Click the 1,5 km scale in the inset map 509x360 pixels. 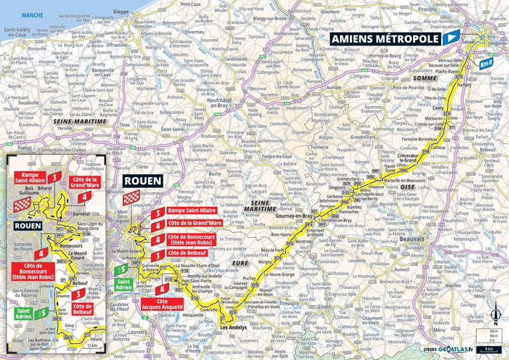pyautogui.click(x=93, y=345)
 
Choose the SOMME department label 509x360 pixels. pyautogui.click(x=422, y=78)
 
